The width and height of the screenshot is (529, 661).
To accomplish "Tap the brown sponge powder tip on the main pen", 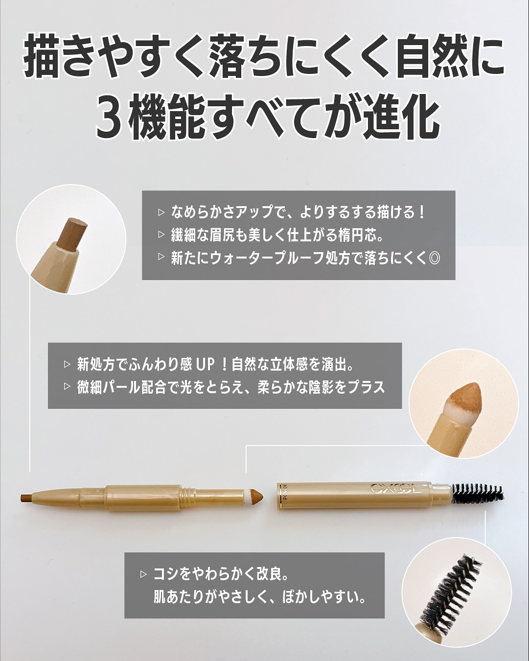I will (255, 496).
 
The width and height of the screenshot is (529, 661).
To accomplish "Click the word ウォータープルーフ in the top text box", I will (262, 258).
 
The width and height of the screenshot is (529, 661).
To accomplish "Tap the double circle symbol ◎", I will (434, 258).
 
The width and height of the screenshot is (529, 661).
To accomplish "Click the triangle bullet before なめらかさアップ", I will (161, 213).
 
